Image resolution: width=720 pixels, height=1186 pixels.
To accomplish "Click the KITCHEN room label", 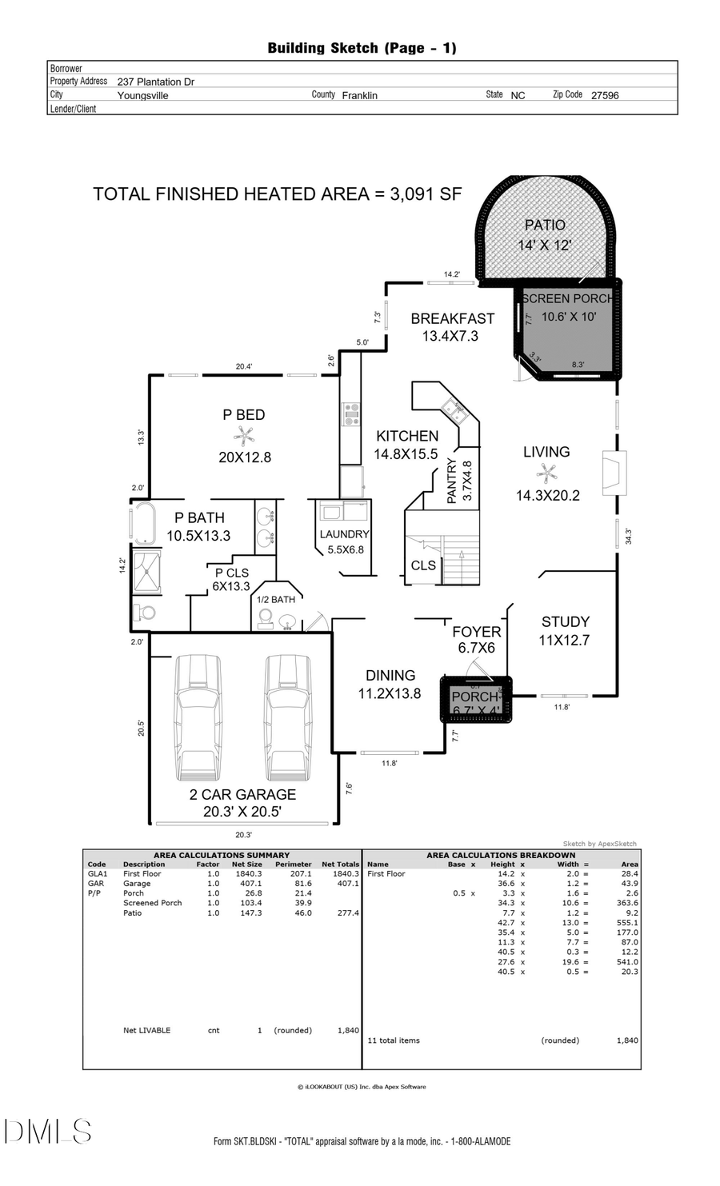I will [x=407, y=436].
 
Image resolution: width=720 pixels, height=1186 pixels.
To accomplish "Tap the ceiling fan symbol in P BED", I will [x=244, y=435].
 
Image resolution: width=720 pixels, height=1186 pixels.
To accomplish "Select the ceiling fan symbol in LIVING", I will [x=546, y=473].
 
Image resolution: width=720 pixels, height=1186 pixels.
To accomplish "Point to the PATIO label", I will [x=545, y=226].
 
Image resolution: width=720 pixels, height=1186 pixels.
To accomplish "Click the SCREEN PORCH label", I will [x=567, y=298].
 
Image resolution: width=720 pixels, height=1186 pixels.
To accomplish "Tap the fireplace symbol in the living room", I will [x=614, y=471].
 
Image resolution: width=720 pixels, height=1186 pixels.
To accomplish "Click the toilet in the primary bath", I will [x=145, y=613].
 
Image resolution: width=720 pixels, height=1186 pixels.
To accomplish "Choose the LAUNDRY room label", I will [x=344, y=534].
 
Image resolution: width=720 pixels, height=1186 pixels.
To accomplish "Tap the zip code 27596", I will [x=605, y=95].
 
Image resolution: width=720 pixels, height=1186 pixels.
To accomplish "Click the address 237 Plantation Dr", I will [x=156, y=82].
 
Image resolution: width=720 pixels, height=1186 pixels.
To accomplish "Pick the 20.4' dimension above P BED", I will [x=244, y=366].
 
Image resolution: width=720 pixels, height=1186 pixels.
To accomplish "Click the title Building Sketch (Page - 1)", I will [x=362, y=48].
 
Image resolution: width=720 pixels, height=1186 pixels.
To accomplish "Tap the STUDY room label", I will [x=565, y=621].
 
